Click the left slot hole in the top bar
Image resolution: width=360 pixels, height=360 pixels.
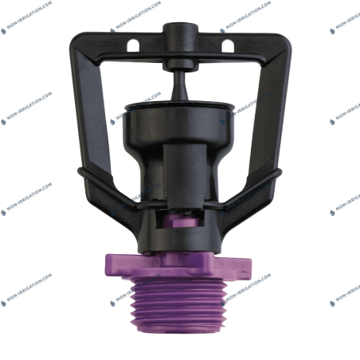[x=133, y=45]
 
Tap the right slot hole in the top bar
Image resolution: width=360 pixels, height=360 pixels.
[x=228, y=45]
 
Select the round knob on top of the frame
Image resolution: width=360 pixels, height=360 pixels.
[x=180, y=32]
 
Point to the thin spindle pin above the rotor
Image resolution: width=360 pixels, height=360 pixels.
[x=180, y=85]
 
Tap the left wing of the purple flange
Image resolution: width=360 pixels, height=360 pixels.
[x=119, y=265]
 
